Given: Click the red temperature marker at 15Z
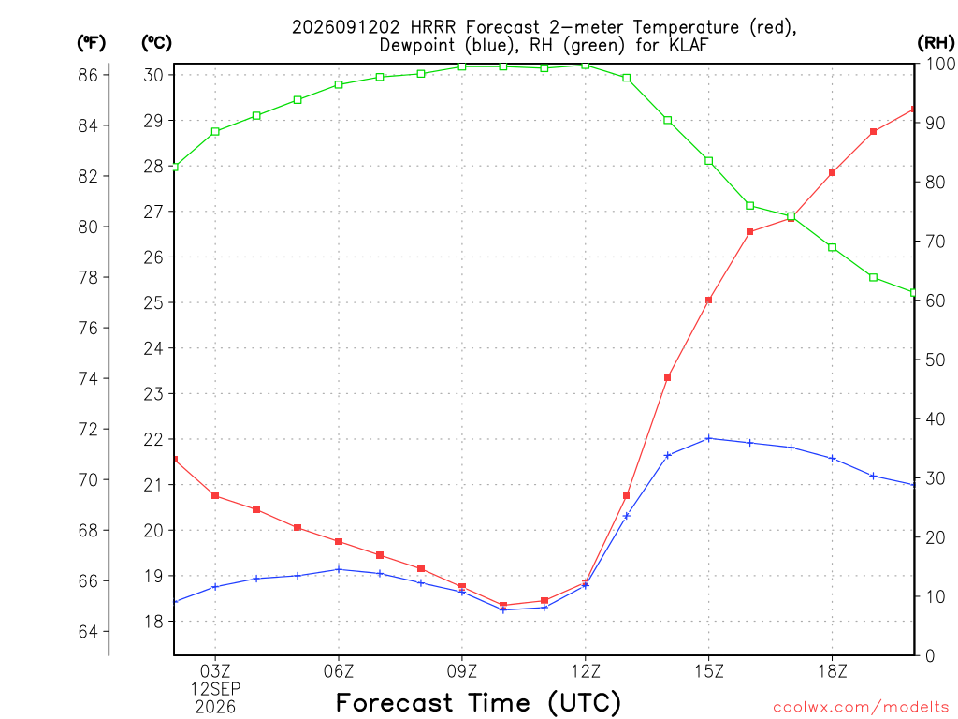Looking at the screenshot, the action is tap(709, 301).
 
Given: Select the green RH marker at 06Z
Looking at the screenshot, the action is tap(339, 84).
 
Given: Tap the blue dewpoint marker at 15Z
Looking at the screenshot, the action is tap(709, 438).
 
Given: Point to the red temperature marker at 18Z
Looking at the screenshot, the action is tap(832, 173).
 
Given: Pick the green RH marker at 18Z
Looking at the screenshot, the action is tap(832, 247).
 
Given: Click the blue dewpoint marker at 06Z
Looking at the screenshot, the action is tap(339, 569).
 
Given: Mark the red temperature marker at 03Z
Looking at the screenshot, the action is tap(215, 496).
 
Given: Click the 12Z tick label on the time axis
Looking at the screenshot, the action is tap(586, 671).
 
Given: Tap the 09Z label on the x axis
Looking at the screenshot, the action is tap(462, 671).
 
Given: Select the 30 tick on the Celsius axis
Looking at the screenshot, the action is tap(153, 75).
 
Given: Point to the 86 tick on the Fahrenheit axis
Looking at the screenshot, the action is tap(88, 75).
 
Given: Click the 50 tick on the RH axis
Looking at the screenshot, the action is tap(935, 359).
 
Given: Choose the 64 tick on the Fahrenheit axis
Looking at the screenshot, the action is tap(88, 631).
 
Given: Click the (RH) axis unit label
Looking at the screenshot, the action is tap(936, 43).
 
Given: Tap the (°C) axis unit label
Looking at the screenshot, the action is tap(156, 43).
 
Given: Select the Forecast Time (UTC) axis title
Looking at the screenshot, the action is tap(478, 702).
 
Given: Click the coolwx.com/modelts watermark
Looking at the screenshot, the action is tap(861, 708).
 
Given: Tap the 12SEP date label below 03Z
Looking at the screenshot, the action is tap(215, 689).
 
